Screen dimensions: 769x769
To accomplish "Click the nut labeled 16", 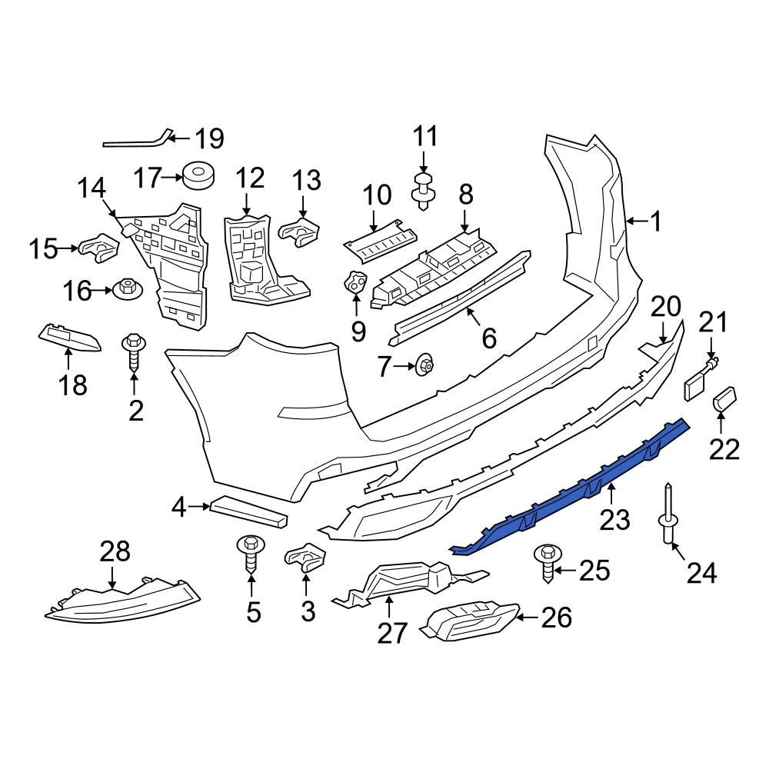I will click(126, 291).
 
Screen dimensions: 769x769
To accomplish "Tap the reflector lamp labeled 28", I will click(123, 600).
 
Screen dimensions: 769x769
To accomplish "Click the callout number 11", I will click(425, 137).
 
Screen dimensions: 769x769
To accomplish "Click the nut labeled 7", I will click(422, 367).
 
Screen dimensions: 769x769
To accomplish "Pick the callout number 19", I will click(208, 139).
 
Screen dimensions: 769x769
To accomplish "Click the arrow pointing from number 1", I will click(635, 221).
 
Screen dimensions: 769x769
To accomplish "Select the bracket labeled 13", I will click(299, 230).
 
